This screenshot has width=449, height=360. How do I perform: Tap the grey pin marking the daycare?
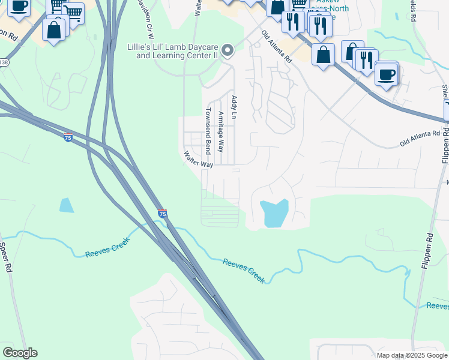[x=228, y=51]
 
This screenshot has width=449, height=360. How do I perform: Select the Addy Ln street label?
[x=234, y=107]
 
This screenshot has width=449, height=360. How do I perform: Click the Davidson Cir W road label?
[x=145, y=16]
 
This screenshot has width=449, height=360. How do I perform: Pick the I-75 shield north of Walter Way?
[x=68, y=137]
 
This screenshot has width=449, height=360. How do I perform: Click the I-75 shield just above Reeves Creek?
[x=162, y=213]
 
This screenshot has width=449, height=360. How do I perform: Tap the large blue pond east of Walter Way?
[x=275, y=213]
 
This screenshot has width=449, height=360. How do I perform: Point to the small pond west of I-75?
[x=67, y=205]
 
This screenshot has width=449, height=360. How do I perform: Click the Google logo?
[x=20, y=353]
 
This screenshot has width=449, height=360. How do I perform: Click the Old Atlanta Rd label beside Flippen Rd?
[x=420, y=140]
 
